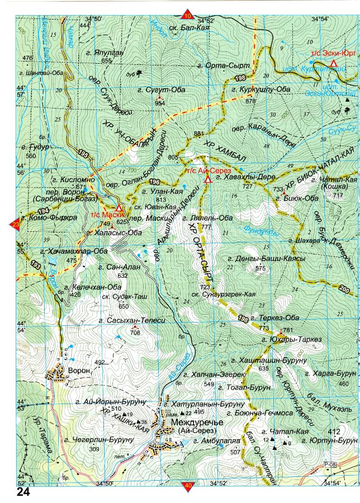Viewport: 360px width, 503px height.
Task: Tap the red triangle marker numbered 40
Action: [187, 486]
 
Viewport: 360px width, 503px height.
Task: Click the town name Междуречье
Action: [199, 423]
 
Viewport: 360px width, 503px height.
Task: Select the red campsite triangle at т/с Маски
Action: [119, 207]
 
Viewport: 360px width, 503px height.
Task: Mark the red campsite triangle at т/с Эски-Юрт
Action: [334, 64]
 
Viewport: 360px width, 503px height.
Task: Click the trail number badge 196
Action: [155, 182]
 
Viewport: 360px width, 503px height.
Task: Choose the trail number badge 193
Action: [36, 263]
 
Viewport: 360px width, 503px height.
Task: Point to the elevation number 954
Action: [160, 103]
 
